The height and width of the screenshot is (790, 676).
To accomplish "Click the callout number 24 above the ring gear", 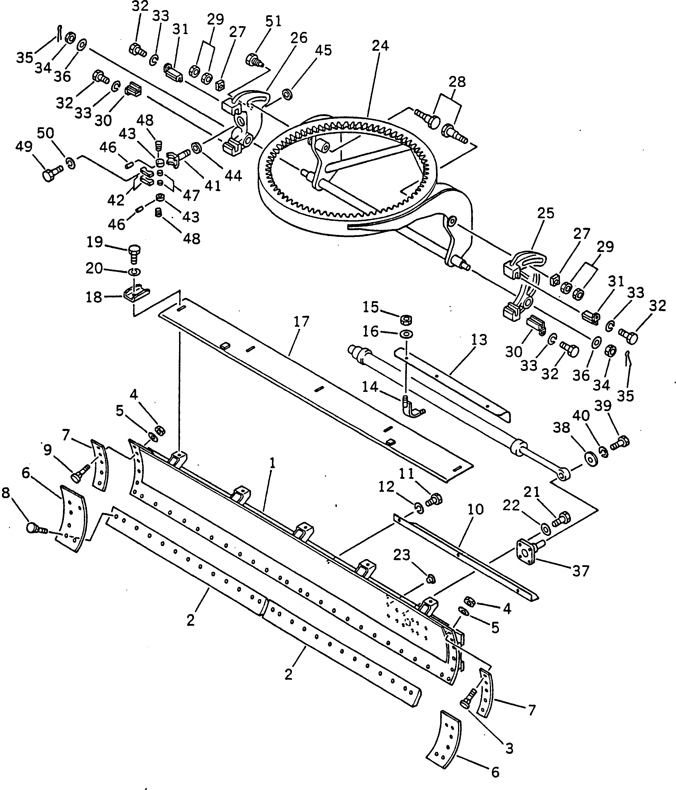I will click(380, 46).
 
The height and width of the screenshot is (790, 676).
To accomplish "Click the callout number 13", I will click(479, 340).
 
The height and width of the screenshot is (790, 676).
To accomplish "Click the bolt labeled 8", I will click(36, 528).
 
